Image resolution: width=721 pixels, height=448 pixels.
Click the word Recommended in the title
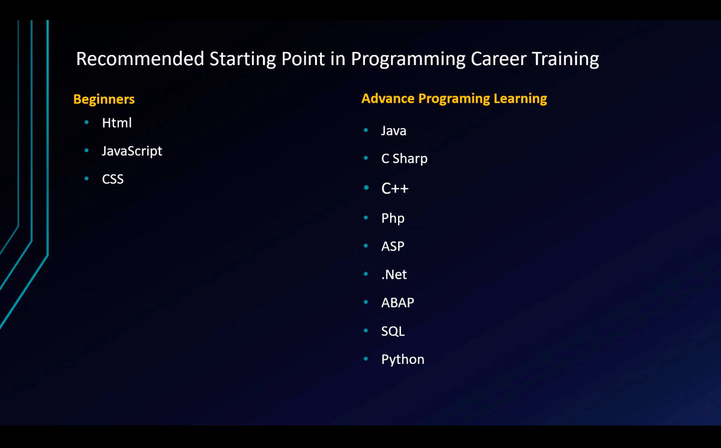140,59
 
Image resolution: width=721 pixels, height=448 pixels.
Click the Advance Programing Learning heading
454,99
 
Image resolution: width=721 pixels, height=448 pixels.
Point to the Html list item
117,123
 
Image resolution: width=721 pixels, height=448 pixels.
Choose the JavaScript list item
132,151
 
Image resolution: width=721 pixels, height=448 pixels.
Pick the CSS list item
113,179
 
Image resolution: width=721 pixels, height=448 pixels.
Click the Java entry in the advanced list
394,131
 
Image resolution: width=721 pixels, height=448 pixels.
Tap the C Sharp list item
404,159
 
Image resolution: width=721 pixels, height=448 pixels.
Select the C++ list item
395,188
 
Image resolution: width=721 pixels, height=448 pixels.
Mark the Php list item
393,219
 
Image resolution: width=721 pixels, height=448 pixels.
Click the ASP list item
393,246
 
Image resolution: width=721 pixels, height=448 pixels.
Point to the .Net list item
394,274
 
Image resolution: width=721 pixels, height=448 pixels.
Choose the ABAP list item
398,302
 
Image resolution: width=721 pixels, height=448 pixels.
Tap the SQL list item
393,331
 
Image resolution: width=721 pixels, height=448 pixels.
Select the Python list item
403,359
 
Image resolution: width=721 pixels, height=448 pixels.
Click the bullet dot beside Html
86,122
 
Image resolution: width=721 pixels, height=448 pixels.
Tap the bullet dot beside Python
366,359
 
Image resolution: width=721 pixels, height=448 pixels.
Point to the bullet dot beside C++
366,188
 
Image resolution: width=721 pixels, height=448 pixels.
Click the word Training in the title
566,59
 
